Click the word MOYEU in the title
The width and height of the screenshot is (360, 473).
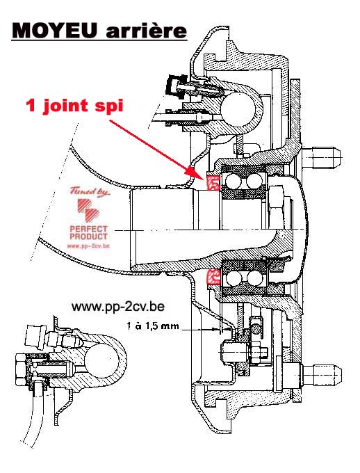tap(55, 31)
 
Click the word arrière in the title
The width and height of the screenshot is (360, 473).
tap(146, 31)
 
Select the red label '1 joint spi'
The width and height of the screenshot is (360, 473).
tap(75, 106)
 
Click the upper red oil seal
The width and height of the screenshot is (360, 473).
tap(213, 182)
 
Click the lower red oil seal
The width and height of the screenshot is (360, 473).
tap(213, 277)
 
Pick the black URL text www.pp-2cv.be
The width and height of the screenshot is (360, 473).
tap(118, 307)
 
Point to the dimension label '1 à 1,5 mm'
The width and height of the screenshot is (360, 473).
tap(153, 326)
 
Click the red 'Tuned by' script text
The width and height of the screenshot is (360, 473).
tap(90, 192)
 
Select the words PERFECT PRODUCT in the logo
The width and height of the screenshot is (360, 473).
tap(89, 232)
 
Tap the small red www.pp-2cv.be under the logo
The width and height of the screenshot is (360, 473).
tap(88, 246)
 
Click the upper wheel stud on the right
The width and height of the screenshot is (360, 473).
tap(322, 158)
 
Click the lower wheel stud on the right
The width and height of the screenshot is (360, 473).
tap(322, 375)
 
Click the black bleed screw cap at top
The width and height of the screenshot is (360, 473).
tap(175, 86)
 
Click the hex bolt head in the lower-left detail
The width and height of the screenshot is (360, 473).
tap(21, 369)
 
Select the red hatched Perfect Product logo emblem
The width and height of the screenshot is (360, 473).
tap(88, 210)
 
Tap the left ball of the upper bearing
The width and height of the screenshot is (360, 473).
tap(234, 182)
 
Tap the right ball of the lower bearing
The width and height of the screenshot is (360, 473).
tap(254, 278)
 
